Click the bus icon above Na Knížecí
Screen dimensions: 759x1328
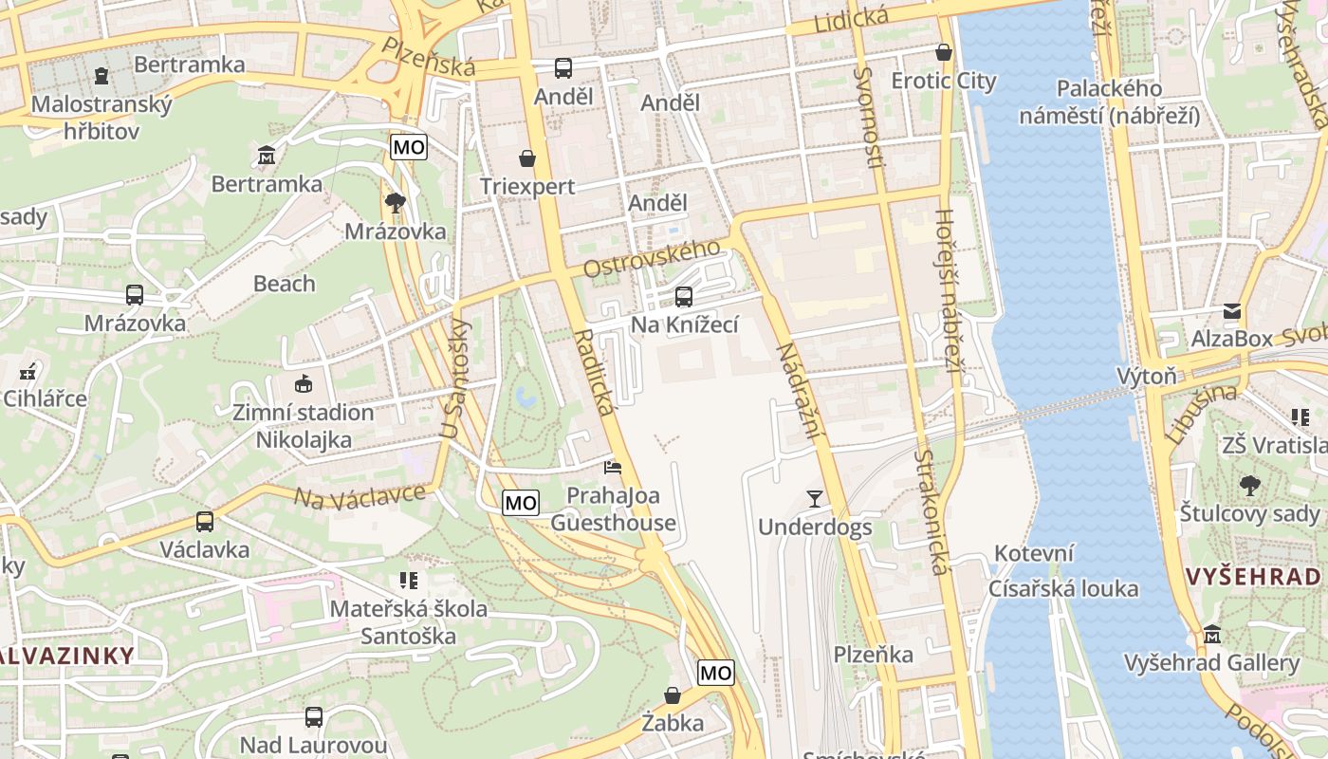pos(683,297)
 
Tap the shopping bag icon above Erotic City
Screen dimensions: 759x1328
pos(943,52)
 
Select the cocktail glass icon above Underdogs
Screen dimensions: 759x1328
pos(814,498)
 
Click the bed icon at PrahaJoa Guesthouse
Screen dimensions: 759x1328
pos(613,467)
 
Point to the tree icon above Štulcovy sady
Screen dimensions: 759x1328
pos(1250,486)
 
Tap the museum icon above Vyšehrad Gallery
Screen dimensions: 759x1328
pos(1211,634)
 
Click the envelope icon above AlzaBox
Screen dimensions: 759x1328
pos(1231,310)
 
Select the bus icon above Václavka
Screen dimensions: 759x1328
pos(204,521)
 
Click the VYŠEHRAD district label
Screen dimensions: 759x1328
pos(1255,576)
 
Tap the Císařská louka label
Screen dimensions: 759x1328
pos(1062,588)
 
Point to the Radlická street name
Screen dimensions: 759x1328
pos(595,372)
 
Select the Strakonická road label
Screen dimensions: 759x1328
pos(930,512)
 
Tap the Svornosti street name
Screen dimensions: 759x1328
pos(868,119)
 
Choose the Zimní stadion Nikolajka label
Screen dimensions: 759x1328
pos(304,426)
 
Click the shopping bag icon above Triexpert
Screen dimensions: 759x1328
pos(526,158)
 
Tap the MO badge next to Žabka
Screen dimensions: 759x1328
pos(715,673)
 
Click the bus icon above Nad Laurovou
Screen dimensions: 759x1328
pos(313,716)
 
